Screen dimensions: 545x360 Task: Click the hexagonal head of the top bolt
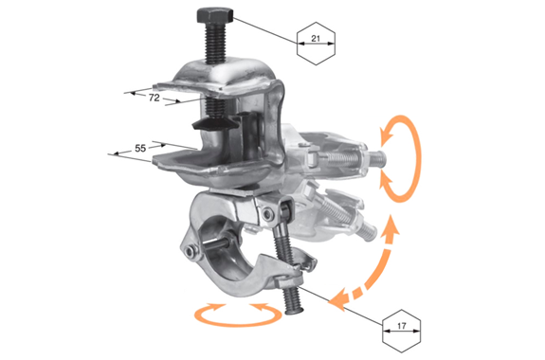coord(215,16)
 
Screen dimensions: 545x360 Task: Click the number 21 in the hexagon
coord(316,38)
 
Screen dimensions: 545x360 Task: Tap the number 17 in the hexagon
coord(401,326)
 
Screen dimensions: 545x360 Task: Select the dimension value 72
coord(154,98)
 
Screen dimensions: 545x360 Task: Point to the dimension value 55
coord(140,149)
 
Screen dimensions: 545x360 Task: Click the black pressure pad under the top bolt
coord(214,124)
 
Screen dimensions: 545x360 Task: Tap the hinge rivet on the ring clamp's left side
coord(190,251)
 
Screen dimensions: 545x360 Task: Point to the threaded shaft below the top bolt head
coord(215,44)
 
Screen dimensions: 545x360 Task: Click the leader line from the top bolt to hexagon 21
coord(265,30)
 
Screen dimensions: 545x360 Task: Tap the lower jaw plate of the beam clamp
coord(212,167)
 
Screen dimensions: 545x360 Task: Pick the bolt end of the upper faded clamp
coord(376,159)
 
